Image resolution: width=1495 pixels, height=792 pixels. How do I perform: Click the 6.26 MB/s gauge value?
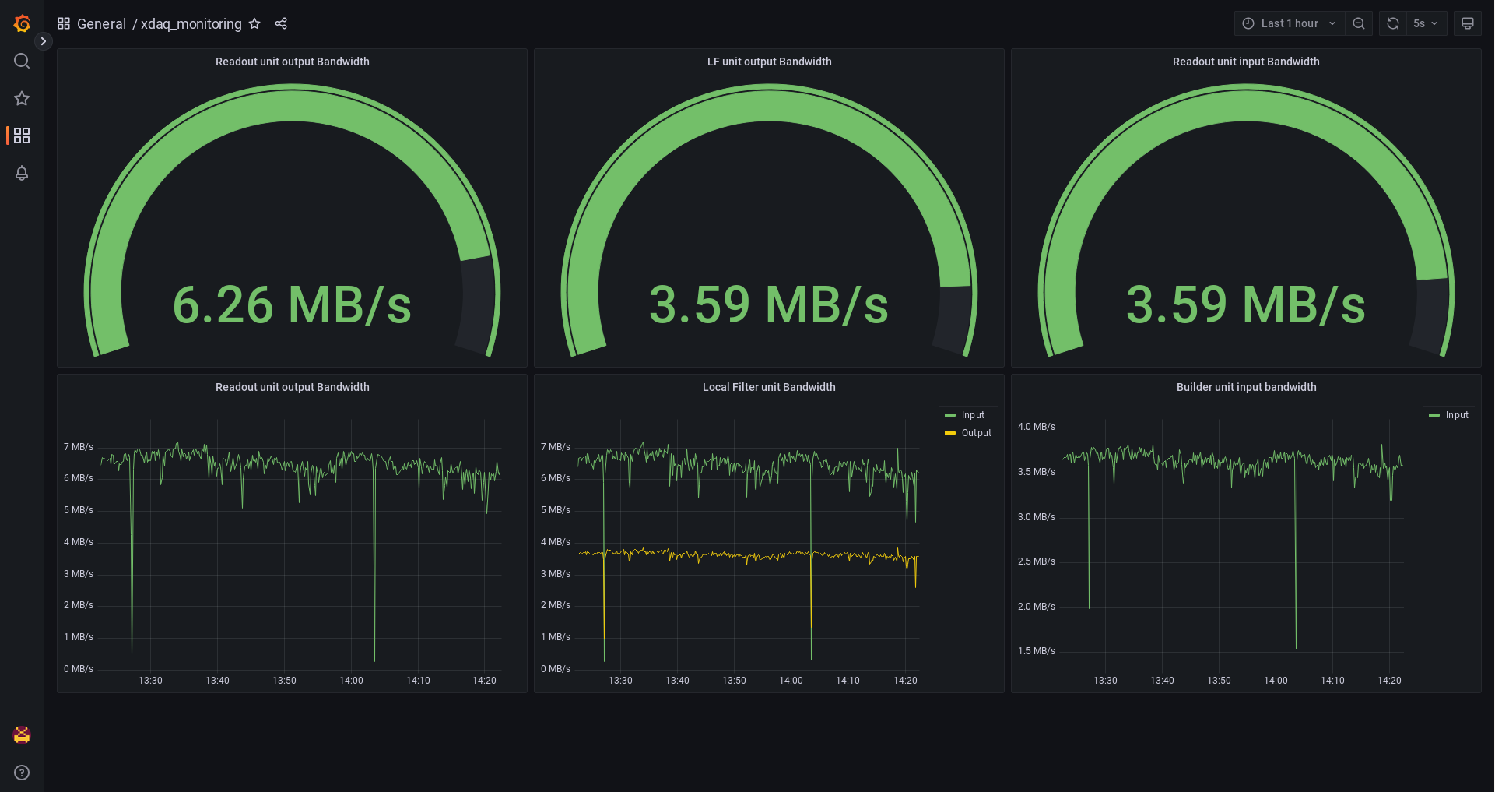pyautogui.click(x=292, y=304)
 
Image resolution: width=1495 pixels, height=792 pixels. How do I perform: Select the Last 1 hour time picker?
pyautogui.click(x=1289, y=23)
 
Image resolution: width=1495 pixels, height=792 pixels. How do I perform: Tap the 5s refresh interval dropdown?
pyautogui.click(x=1425, y=23)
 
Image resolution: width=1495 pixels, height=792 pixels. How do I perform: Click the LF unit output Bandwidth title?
pyautogui.click(x=769, y=62)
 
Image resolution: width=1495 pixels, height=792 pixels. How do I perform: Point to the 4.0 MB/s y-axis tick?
pyautogui.click(x=1036, y=427)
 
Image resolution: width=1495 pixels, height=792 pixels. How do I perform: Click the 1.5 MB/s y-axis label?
pyautogui.click(x=1036, y=651)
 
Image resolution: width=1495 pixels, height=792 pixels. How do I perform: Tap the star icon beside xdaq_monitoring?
pyautogui.click(x=254, y=23)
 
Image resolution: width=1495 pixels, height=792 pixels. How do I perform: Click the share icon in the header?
pyautogui.click(x=281, y=23)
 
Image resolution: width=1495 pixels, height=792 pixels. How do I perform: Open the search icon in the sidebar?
pyautogui.click(x=22, y=61)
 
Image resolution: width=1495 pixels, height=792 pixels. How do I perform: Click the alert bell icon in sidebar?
pyautogui.click(x=22, y=173)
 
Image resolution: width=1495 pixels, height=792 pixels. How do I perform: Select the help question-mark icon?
pyautogui.click(x=22, y=773)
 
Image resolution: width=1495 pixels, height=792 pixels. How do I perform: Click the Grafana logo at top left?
pyautogui.click(x=22, y=23)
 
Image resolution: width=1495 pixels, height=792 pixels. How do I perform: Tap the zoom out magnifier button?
pyautogui.click(x=1359, y=23)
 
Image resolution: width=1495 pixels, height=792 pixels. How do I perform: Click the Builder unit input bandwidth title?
pyautogui.click(x=1246, y=387)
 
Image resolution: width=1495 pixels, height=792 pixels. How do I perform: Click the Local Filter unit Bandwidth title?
pyautogui.click(x=769, y=387)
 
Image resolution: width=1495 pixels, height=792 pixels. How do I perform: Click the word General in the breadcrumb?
pyautogui.click(x=101, y=24)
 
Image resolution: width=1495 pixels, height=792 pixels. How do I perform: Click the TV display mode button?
pyautogui.click(x=1468, y=23)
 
